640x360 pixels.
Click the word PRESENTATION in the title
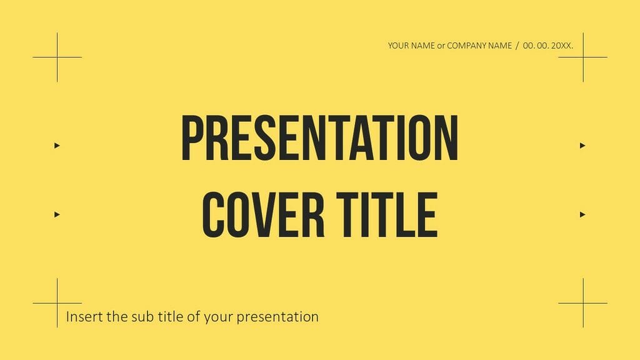(x=319, y=138)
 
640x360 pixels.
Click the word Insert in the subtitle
(x=84, y=316)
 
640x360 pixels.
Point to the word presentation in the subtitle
(x=281, y=317)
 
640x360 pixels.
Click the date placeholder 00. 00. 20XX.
(x=548, y=46)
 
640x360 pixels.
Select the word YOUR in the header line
(x=398, y=46)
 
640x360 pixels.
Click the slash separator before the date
(x=517, y=46)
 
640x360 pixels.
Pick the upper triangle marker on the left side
(x=57, y=146)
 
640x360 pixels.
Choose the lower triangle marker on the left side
(x=57, y=214)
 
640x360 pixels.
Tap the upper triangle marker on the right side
(x=582, y=146)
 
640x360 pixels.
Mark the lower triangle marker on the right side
(x=582, y=214)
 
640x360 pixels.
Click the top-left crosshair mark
(x=57, y=57)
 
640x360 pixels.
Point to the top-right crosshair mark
(x=583, y=57)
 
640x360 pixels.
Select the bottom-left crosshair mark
(x=57, y=303)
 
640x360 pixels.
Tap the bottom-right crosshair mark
(x=583, y=303)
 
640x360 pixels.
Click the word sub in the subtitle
(x=138, y=316)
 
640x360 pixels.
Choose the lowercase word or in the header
(x=441, y=46)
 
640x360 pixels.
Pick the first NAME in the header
(x=423, y=46)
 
